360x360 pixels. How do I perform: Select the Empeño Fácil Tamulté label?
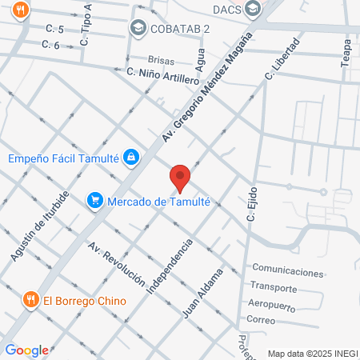tap(62, 158)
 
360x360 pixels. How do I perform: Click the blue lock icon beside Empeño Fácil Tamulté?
tap(130, 158)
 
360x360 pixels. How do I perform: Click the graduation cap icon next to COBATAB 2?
tap(138, 30)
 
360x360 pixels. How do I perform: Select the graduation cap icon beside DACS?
tap(254, 10)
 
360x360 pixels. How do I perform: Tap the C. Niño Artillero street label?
tap(162, 76)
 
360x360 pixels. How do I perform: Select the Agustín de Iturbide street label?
tap(41, 226)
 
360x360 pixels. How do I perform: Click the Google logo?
tap(26, 350)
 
